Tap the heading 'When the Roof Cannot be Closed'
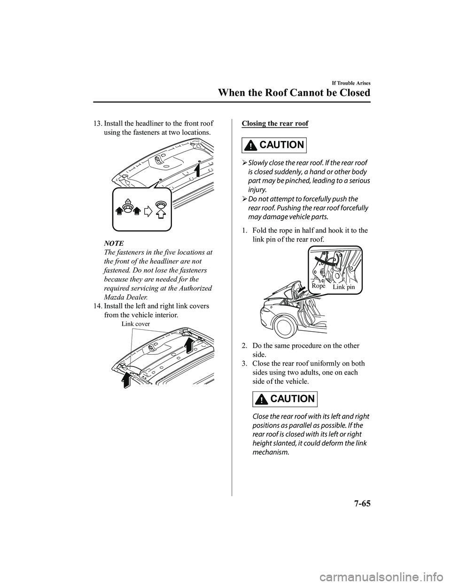tap(294, 93)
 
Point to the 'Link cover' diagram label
tap(136, 324)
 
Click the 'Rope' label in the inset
tap(319, 286)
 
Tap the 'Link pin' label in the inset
tap(343, 287)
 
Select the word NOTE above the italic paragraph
tap(114, 243)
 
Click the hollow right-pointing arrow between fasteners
tap(148, 211)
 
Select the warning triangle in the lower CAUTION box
tap(262, 399)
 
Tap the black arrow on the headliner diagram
tap(198, 170)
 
